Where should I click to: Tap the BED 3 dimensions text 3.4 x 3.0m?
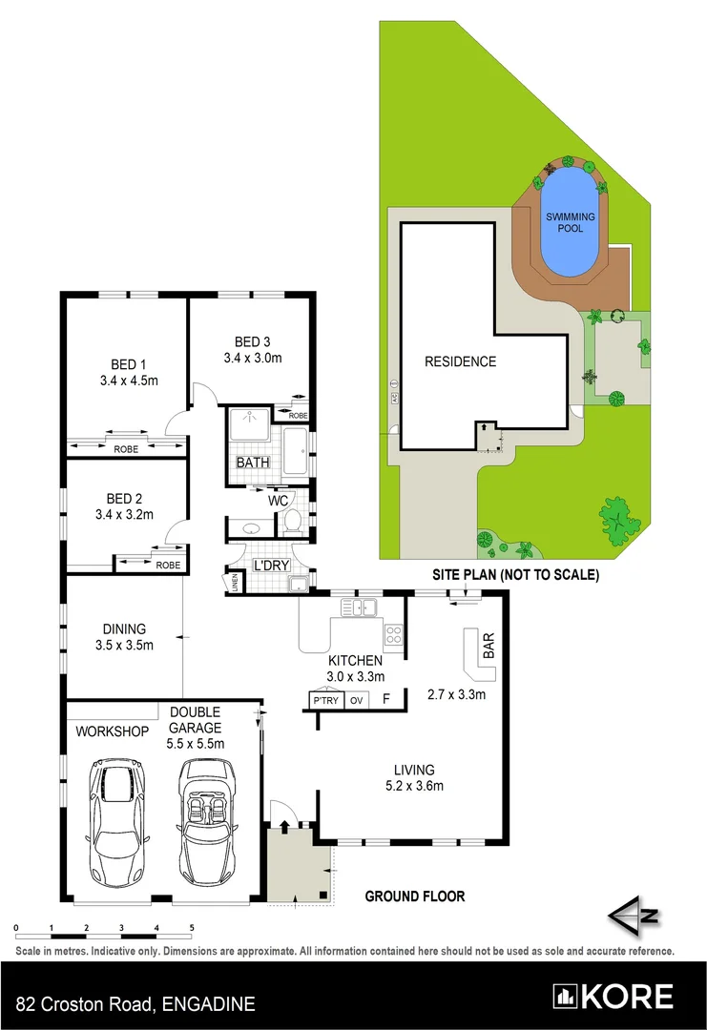[253, 359]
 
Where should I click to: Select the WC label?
[279, 500]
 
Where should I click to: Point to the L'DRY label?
[270, 566]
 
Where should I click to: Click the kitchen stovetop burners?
[393, 634]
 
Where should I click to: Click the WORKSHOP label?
[114, 731]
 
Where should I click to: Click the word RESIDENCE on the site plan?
[461, 361]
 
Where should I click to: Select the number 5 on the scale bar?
[192, 927]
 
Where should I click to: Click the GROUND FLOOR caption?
[415, 896]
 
